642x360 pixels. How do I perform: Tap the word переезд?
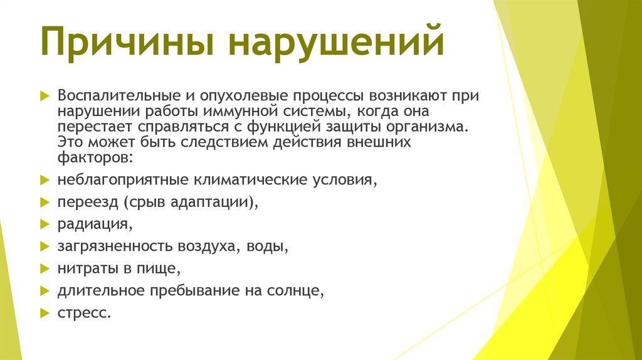86,202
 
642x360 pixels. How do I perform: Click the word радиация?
93,223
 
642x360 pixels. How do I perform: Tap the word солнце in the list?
297,290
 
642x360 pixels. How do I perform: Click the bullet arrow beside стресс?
45,312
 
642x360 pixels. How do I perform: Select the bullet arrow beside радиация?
45,223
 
